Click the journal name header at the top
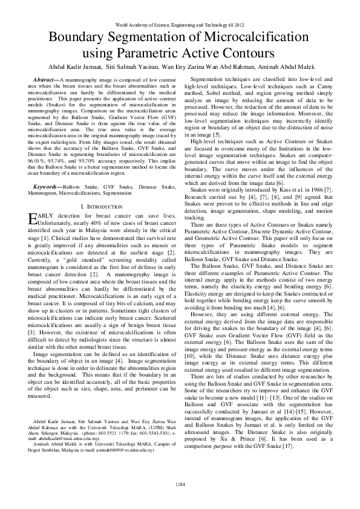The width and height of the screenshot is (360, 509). [x=180, y=25]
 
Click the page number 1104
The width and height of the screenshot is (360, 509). [x=180, y=484]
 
